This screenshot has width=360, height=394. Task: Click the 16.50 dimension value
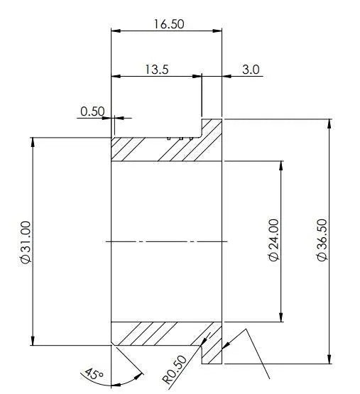[x=169, y=24]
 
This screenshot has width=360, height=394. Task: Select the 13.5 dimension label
[x=157, y=70]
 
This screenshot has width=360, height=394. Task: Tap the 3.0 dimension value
[x=251, y=70]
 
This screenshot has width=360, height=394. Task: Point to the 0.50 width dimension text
[x=92, y=111]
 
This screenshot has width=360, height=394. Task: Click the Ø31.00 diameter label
[x=26, y=242]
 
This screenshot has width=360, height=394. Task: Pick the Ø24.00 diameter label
[x=274, y=240]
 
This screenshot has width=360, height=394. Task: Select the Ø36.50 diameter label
[x=322, y=240]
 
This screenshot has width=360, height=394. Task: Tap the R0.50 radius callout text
[x=175, y=369]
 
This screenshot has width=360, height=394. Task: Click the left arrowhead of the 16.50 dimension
[x=116, y=31]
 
